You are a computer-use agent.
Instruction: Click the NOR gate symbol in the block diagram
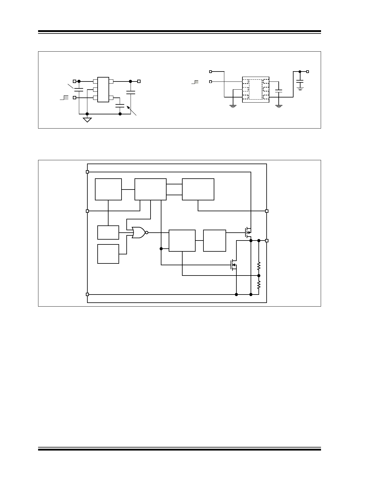(138, 233)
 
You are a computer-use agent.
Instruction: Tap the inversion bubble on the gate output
(147, 233)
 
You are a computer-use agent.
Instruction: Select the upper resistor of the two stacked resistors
(259, 266)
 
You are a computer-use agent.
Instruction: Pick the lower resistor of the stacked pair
(259, 285)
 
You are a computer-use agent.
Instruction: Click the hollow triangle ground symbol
(87, 120)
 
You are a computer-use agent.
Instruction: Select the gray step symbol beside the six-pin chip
(66, 97)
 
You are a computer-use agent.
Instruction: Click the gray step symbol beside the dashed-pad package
(196, 82)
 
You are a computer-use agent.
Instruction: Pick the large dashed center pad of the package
(255, 89)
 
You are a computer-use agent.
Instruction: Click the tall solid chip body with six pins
(103, 90)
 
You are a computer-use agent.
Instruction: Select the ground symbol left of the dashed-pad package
(233, 106)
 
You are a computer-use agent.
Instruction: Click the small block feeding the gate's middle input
(108, 232)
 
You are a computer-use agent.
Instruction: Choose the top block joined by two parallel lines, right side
(198, 189)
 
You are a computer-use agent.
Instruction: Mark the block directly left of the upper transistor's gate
(215, 241)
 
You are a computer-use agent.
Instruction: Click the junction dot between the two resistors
(259, 276)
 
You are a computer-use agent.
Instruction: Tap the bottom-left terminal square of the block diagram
(87, 294)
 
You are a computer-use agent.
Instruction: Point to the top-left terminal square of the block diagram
(87, 172)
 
